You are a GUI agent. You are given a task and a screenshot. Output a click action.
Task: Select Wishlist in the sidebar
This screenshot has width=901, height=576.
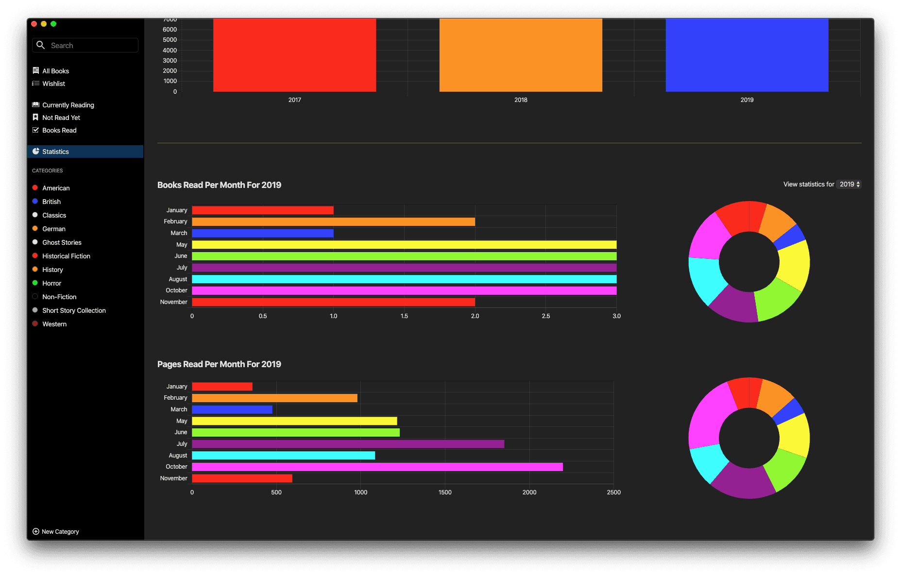(53, 84)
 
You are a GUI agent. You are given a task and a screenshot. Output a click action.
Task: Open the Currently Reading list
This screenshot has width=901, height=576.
(68, 105)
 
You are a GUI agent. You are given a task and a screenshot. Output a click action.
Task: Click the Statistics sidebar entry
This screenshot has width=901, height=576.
(55, 152)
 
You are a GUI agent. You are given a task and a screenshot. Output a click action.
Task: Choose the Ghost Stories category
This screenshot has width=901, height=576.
(62, 242)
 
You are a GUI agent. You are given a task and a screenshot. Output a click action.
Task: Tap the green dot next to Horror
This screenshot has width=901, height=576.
(35, 283)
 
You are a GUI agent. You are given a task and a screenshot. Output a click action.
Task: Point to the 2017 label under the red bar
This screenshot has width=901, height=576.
(295, 100)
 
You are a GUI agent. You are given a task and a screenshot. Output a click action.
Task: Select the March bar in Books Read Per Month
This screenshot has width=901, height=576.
(262, 233)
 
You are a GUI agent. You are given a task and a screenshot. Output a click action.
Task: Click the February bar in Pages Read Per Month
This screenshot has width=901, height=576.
(274, 398)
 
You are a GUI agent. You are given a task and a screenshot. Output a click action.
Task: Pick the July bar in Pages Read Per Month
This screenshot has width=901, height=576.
(348, 444)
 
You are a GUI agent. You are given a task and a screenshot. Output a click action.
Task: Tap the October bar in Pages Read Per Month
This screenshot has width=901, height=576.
(377, 467)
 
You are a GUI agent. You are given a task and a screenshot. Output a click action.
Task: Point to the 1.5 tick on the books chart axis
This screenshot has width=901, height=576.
(404, 316)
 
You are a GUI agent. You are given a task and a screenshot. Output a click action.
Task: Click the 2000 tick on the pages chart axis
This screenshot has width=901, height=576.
(529, 492)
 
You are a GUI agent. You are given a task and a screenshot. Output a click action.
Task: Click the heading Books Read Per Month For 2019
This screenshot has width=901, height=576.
(219, 185)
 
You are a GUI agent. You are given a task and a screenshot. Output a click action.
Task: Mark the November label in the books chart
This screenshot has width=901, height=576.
(173, 302)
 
